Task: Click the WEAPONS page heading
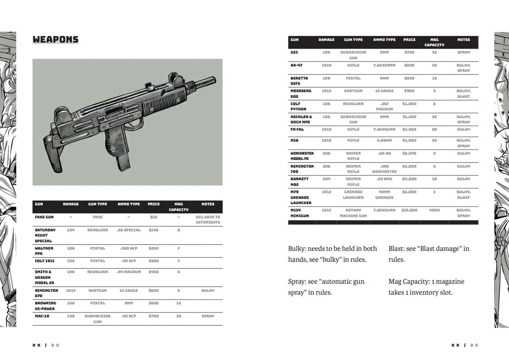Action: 55,39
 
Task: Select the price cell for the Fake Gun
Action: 153,217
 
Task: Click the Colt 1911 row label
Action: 44,261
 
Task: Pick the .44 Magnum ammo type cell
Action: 128,272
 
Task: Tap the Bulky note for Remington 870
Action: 208,291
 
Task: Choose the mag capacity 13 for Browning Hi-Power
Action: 178,303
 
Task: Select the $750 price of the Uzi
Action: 409,52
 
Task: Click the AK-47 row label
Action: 296,65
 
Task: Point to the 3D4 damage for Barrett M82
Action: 326,179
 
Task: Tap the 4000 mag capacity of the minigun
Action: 434,210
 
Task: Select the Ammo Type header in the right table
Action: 384,40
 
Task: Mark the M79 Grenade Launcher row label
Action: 301,197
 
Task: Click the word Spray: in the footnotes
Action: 297,282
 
